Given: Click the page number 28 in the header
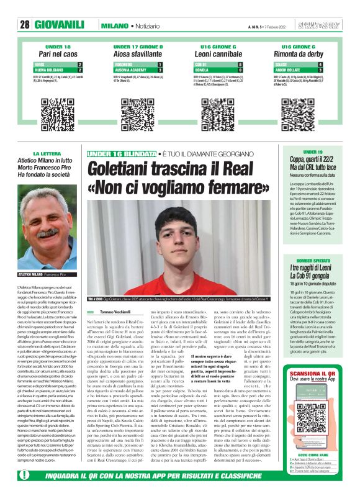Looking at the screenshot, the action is click(x=25, y=24).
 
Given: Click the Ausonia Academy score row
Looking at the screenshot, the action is click(x=138, y=70).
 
